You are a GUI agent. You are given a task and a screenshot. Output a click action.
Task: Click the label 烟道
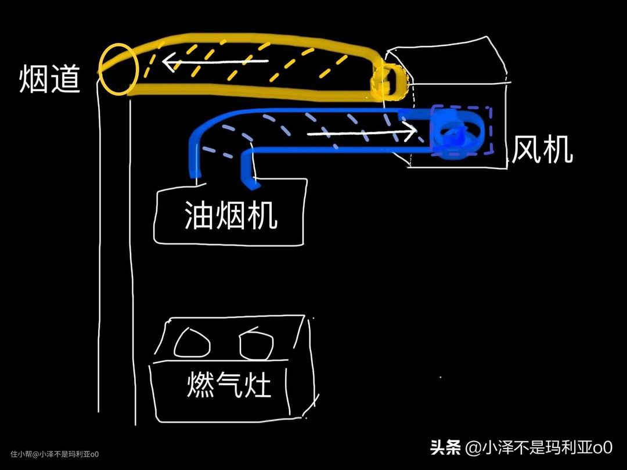50,79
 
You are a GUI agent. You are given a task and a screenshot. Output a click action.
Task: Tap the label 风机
542,150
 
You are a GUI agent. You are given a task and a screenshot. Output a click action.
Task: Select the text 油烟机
230,216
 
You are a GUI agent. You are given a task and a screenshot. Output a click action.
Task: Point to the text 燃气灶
229,385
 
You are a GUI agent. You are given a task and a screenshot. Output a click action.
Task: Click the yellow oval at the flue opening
118,69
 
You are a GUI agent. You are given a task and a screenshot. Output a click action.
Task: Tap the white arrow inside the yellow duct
215,60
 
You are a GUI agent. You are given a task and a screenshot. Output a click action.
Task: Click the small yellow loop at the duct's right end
388,79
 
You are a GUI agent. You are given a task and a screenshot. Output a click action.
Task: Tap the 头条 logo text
445,447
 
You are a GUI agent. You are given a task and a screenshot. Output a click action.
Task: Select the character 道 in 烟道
66,79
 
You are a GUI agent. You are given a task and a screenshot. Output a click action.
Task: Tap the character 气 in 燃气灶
229,385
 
